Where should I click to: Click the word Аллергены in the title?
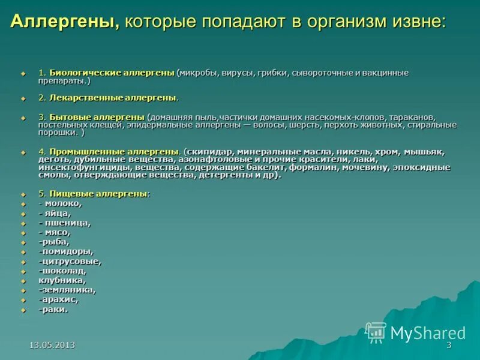(64, 22)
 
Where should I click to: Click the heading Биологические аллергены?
(112, 73)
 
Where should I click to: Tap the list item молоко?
(62, 203)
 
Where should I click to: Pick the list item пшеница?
(67, 223)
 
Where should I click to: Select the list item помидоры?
(66, 251)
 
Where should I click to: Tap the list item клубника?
(62, 280)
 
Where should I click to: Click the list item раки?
(53, 309)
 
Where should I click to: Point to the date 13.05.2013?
(53, 345)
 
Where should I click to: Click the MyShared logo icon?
(376, 332)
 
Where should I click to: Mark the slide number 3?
(449, 345)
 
